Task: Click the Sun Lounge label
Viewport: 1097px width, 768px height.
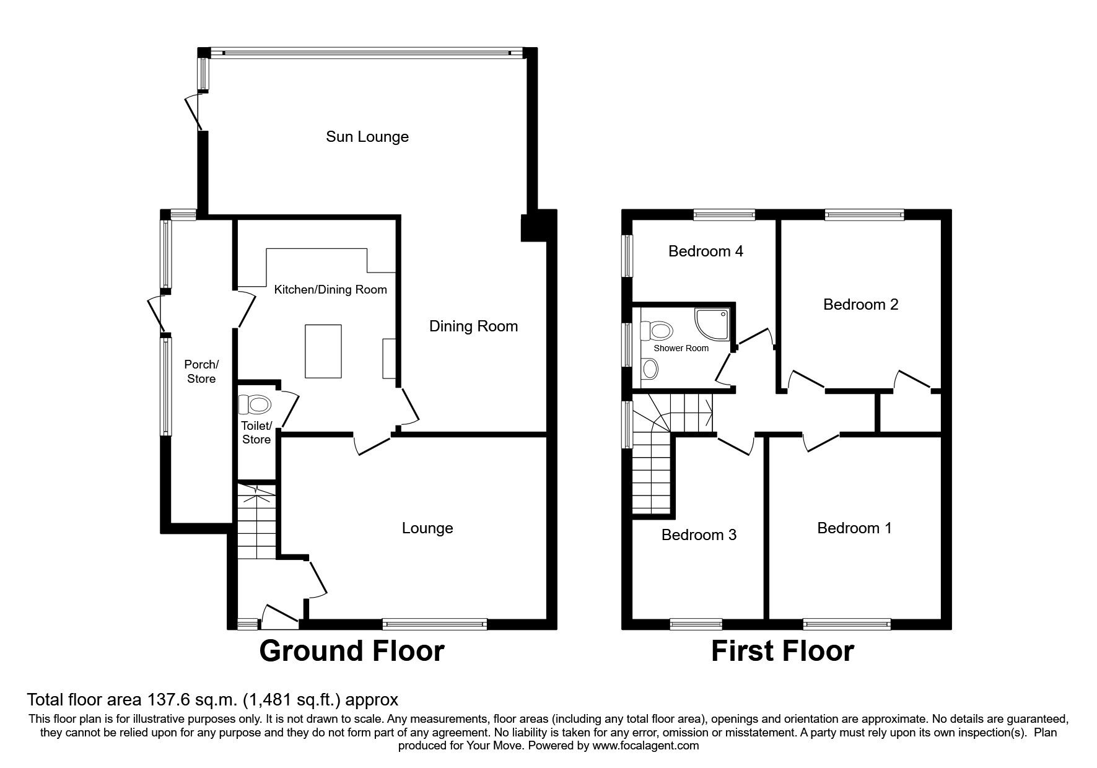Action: [x=367, y=136]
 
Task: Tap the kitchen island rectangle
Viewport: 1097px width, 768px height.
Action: [x=323, y=351]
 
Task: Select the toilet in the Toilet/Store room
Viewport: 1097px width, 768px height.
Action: [x=255, y=405]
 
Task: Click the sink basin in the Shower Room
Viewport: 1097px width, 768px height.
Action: [x=650, y=370]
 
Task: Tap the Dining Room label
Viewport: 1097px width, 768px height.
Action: [x=473, y=326]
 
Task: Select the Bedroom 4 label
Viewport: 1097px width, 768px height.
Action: [x=706, y=251]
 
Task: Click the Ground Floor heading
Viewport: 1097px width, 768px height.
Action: [x=351, y=651]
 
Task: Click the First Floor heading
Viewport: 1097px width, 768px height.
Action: [x=782, y=651]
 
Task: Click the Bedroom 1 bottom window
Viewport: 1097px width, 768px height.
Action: [x=847, y=624]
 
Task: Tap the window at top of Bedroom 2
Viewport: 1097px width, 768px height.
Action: [x=864, y=215]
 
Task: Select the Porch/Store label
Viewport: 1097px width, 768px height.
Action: [x=201, y=372]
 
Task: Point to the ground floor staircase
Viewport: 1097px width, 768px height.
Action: [x=256, y=523]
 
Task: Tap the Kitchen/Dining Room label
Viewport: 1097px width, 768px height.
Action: [x=330, y=289]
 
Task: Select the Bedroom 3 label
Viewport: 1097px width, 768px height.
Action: [x=699, y=535]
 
